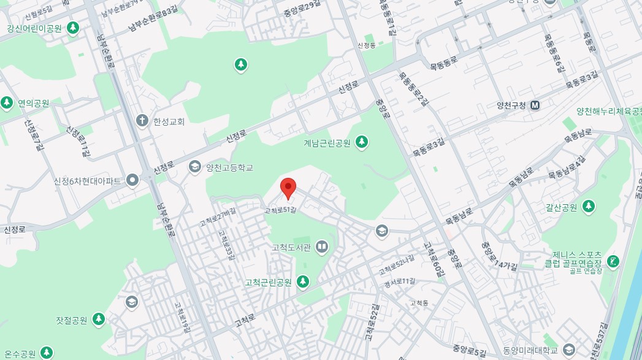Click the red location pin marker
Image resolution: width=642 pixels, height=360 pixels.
288,187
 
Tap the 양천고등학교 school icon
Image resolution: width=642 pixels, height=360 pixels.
195,167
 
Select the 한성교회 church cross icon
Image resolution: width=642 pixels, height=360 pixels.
142,121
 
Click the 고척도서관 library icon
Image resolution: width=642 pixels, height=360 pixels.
322,248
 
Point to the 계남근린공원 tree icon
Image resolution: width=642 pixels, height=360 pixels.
362,142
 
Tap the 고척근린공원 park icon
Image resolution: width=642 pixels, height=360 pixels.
302,282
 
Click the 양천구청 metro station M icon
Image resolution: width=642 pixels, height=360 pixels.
535,105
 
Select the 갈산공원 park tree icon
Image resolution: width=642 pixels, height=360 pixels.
589,207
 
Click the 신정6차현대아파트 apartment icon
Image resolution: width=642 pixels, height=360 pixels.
132,180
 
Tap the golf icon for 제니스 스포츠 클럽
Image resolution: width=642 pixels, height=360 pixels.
613,262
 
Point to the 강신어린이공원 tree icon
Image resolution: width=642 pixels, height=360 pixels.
73,28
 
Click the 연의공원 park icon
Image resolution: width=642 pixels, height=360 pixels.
7,102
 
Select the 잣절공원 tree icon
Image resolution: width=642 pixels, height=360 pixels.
99,320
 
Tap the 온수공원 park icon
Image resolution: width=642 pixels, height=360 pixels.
47,353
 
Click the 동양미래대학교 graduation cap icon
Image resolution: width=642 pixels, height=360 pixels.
569,350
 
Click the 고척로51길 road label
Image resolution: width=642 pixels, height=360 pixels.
281,210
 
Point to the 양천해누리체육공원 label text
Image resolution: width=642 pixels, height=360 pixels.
609,112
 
